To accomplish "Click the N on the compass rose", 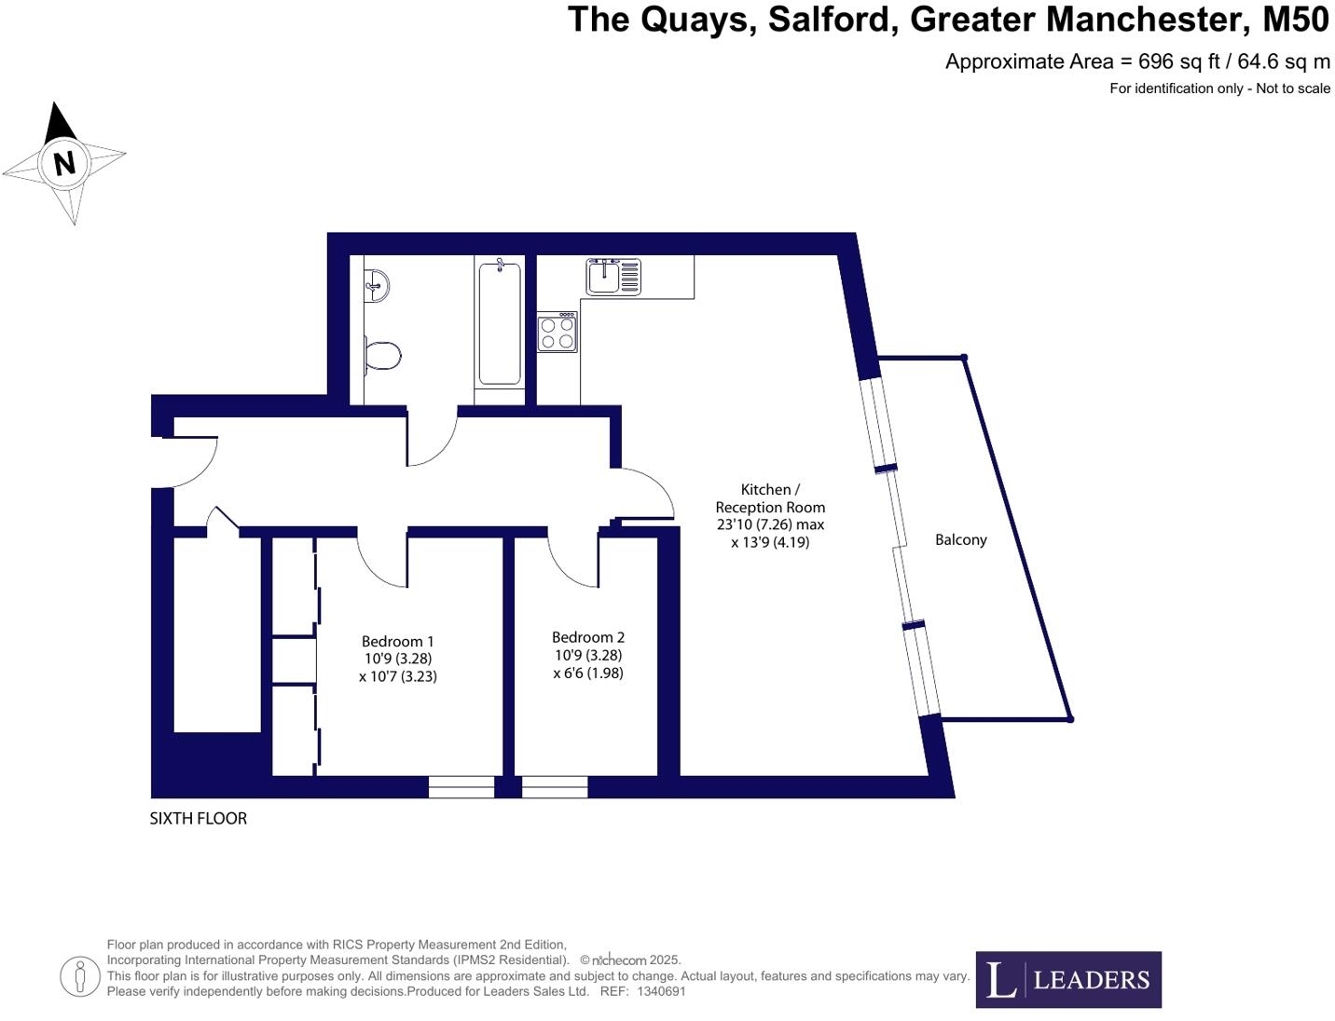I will [63, 163].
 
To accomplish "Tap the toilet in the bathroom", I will [382, 355].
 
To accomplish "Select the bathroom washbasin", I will [377, 285].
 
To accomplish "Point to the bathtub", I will [499, 323].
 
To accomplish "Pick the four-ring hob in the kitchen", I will [557, 333].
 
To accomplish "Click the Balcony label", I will [960, 539].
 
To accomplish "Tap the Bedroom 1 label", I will [397, 641].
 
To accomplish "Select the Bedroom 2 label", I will [587, 637].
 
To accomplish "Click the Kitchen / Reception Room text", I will [770, 498].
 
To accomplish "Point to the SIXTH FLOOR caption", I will [198, 818].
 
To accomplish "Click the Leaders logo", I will [1067, 979].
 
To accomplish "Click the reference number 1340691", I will [661, 991].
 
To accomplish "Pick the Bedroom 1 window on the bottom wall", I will [461, 787].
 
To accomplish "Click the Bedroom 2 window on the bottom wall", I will [555, 787].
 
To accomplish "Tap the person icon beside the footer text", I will [80, 976].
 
